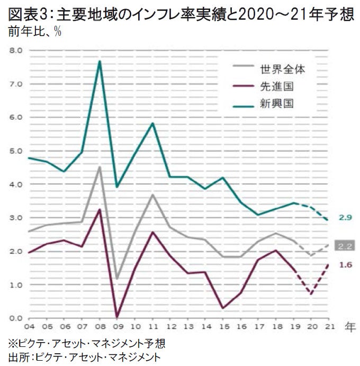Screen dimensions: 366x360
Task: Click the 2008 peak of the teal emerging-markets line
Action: [99, 61]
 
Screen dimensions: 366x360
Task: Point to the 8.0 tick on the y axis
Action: [15, 50]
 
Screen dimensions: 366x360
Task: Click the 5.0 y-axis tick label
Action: [15, 151]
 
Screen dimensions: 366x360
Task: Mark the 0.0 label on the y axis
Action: [15, 318]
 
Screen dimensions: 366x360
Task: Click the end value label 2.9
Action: [346, 217]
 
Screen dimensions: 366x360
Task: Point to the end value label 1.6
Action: [346, 265]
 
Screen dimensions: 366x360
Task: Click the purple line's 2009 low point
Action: [117, 317]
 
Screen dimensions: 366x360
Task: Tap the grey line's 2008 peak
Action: [100, 167]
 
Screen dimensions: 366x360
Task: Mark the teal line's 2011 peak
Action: [152, 123]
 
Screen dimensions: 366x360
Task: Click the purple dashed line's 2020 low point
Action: [311, 294]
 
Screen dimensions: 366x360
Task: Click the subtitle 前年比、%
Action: [33, 31]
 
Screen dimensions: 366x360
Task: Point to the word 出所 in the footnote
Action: [17, 356]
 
